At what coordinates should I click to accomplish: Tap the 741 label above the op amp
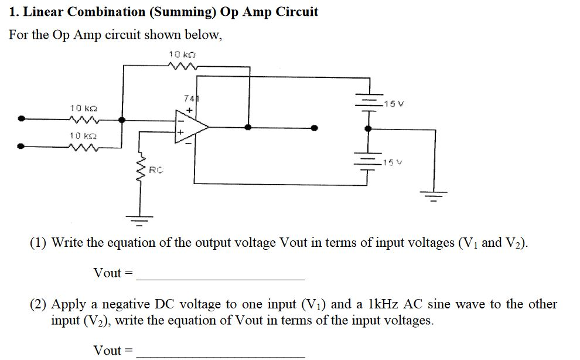coord(189,99)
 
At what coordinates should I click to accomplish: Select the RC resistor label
coord(155,171)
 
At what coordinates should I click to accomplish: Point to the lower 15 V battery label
coord(391,162)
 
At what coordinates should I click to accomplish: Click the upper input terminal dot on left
coord(22,119)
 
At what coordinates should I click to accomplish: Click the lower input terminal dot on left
coord(22,147)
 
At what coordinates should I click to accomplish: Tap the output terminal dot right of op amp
coord(315,127)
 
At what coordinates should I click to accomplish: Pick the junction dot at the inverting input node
coord(122,119)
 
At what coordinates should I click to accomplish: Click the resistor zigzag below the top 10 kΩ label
coord(184,66)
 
